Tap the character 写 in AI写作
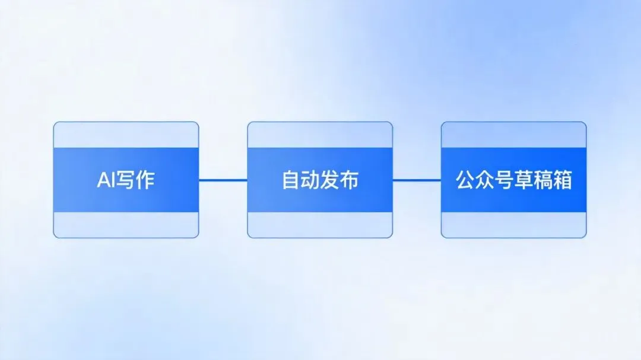pos(126,180)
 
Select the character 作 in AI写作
pos(145,180)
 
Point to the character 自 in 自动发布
pos(291,180)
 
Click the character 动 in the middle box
pos(310,180)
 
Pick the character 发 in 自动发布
pos(330,180)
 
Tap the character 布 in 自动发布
pos(350,180)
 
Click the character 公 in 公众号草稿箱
pos(466,180)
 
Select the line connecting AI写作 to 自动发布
pos(223,180)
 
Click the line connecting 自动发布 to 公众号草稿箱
pos(417,180)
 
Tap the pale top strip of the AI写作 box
pos(126,135)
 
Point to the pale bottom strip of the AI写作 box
pos(126,225)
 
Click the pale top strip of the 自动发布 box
pos(320,135)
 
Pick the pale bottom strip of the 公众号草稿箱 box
pos(513,225)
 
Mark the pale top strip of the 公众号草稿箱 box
pos(513,135)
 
